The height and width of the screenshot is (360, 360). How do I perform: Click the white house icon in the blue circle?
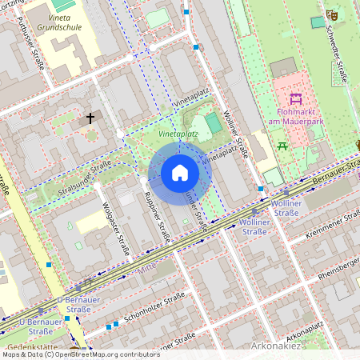(x=180, y=173)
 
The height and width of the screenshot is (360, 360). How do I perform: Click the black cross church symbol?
(x=90, y=118)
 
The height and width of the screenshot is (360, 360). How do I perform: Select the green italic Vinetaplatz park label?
(x=177, y=134)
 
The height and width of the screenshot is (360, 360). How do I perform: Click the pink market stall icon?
(x=295, y=98)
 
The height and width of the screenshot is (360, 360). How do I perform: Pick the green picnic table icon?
(x=282, y=146)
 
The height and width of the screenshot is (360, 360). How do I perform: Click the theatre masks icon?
(x=332, y=14)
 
